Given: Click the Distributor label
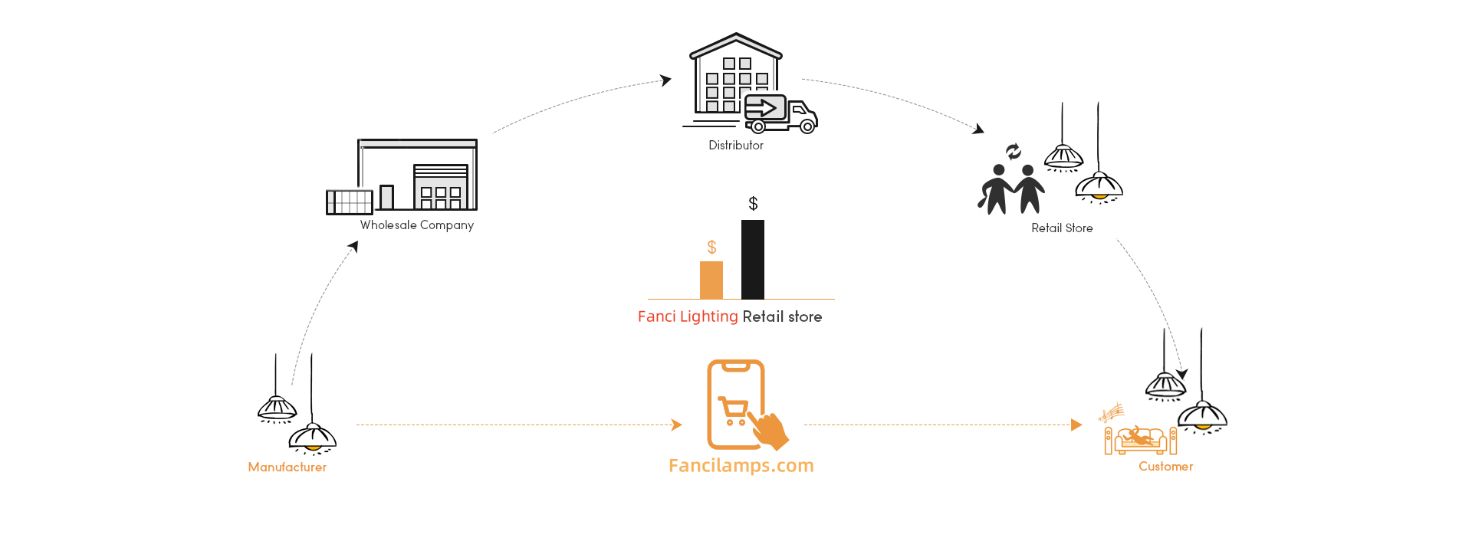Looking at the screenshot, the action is point(736,146).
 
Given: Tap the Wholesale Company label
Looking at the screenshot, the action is point(417,225).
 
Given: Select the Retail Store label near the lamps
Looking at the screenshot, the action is point(1062,228).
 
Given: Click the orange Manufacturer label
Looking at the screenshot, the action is point(287,467).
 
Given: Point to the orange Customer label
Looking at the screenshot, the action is point(1165,467).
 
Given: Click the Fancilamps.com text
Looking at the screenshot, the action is point(741,466).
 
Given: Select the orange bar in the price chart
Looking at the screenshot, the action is point(711,280).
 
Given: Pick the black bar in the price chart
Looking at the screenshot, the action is point(753,260).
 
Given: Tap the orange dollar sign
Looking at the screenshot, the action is point(711,247).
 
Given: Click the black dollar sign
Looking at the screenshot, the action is point(753,204).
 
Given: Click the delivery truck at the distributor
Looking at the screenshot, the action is point(780,114).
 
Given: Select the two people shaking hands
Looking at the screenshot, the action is point(1011,189).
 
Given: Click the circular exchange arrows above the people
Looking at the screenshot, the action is point(1014,152).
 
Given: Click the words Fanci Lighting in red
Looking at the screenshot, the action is point(688,316).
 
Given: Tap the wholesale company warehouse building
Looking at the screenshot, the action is point(402,176).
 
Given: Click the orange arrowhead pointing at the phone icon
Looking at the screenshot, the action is point(676,425).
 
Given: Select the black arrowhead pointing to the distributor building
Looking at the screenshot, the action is point(666,80).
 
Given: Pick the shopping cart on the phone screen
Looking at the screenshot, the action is point(733,410).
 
